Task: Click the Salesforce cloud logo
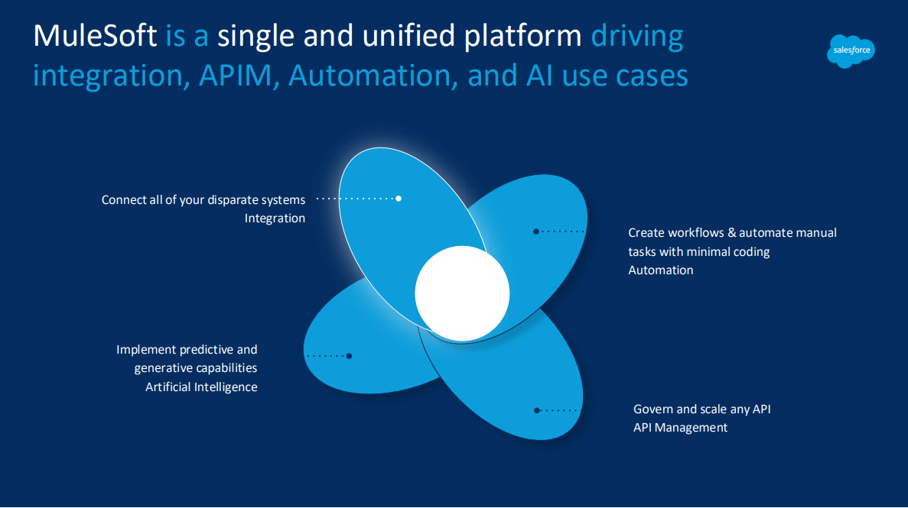click(851, 51)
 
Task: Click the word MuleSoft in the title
click(95, 36)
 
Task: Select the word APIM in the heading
click(235, 76)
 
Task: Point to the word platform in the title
click(523, 37)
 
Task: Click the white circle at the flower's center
click(462, 293)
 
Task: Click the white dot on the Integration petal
click(399, 199)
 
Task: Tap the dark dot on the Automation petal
click(536, 231)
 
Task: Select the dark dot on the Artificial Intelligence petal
click(349, 356)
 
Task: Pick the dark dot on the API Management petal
click(537, 410)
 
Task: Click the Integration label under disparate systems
click(275, 218)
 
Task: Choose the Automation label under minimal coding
click(661, 270)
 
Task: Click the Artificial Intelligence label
click(201, 387)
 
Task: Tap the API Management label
click(680, 428)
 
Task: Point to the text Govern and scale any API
click(702, 409)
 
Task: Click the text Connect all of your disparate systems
click(203, 200)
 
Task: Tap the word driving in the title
click(637, 37)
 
